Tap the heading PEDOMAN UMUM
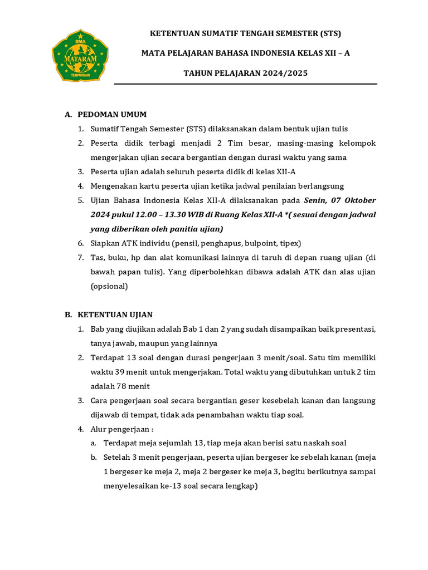112,115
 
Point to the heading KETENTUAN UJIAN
115,315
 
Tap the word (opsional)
109,287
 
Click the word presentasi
354,329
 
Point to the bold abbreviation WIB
197,215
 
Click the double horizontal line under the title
245,84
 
